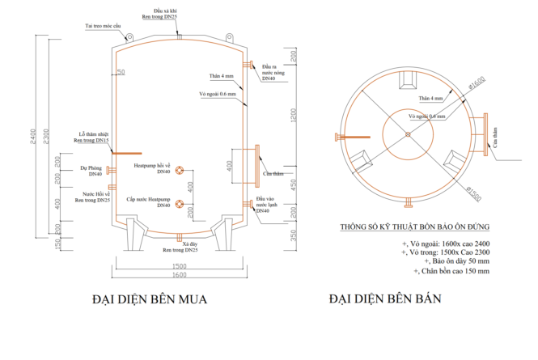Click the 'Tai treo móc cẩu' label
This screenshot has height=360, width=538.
point(103,26)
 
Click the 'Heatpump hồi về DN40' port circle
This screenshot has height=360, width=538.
point(180,170)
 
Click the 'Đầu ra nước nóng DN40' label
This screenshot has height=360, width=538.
point(270,73)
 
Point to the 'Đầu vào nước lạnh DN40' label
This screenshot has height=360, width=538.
point(268,203)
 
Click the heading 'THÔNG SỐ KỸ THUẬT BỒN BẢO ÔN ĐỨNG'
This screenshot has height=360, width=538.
point(415,227)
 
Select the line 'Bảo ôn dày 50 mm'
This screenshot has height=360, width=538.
point(445,261)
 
